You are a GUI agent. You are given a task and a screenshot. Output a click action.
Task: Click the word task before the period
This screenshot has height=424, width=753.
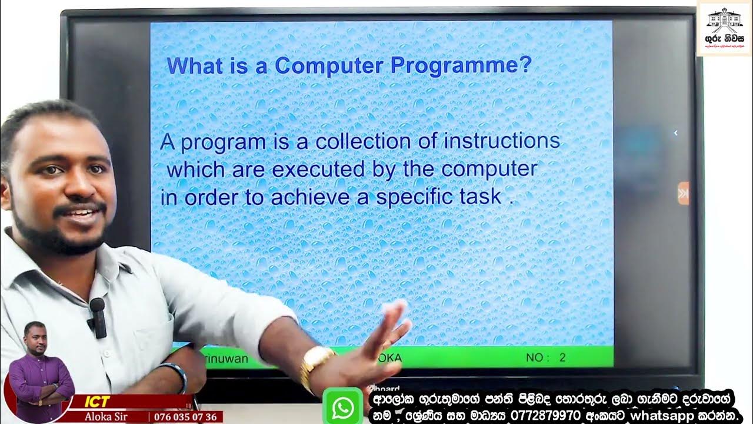479,197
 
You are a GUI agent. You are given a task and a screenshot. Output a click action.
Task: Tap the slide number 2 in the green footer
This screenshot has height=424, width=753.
563,357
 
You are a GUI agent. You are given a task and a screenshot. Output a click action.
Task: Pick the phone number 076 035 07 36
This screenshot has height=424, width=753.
186,417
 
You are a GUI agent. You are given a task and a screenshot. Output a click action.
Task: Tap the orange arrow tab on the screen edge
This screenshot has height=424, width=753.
683,193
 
